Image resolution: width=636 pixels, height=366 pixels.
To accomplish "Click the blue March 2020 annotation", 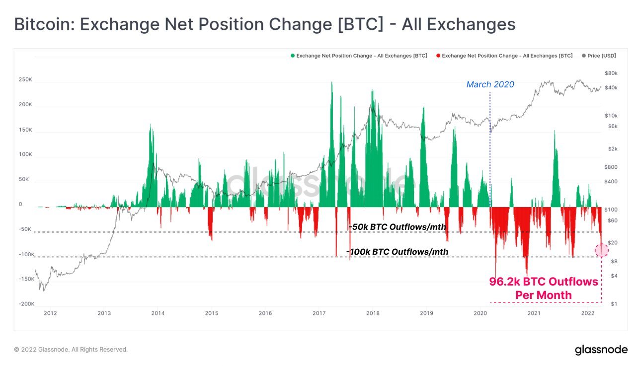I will click(490, 84).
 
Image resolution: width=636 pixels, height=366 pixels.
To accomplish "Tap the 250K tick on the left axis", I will click(25, 79).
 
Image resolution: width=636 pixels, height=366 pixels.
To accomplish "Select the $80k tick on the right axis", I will click(611, 73).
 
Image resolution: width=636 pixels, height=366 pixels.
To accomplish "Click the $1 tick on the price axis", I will click(614, 304).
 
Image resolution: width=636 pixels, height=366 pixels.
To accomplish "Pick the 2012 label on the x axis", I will click(50, 313).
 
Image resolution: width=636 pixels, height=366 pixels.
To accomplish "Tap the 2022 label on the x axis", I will click(588, 313).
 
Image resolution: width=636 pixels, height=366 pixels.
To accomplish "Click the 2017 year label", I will click(319, 313).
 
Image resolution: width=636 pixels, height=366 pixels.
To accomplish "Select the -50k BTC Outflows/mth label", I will click(397, 227).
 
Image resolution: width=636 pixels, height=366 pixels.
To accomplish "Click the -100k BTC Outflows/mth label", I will click(397, 252).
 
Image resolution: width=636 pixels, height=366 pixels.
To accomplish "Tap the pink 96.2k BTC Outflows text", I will click(544, 282).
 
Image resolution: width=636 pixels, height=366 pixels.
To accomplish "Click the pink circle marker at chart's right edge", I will click(602, 250).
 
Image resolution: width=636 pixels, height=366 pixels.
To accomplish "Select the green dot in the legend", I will click(293, 56).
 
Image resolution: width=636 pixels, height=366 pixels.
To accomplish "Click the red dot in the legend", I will click(438, 56).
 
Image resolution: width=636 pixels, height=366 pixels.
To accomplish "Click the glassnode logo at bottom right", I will click(601, 350).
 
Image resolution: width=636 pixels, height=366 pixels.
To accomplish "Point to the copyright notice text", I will click(71, 350).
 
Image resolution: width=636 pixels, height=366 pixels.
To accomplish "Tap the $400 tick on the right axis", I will click(611, 181).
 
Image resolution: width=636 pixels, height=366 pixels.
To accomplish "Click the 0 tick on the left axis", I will click(20, 204).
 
